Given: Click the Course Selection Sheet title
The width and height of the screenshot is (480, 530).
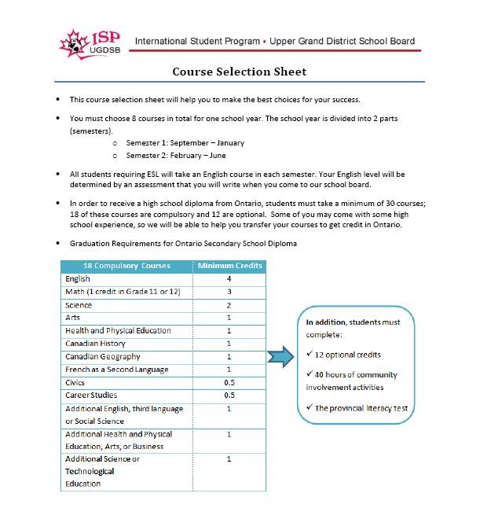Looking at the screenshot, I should (x=240, y=72).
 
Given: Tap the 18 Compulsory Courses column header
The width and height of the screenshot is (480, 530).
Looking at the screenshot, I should (x=126, y=266).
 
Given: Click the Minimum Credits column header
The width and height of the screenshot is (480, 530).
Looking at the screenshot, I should (x=229, y=266).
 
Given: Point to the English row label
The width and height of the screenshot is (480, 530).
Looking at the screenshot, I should (x=78, y=278).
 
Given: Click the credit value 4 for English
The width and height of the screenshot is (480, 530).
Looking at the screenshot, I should (x=229, y=278).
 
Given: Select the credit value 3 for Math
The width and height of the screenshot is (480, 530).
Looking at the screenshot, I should (x=229, y=292).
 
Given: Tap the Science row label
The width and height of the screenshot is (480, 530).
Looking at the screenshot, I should (x=79, y=305).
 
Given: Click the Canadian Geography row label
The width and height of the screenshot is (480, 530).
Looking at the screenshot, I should (x=103, y=357).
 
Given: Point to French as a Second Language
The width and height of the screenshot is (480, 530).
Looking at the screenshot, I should (x=116, y=370).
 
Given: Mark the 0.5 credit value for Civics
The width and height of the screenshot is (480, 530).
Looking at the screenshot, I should (x=229, y=382).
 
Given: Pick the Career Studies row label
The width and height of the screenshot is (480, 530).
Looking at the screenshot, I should (x=91, y=396).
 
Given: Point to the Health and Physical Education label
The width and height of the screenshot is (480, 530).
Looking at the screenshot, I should (x=118, y=331).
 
